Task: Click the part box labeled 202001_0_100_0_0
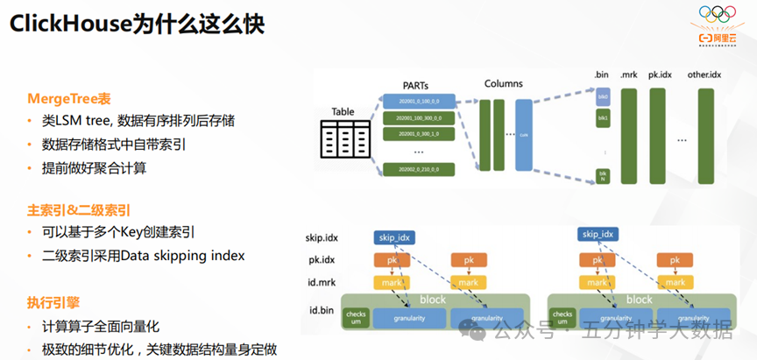[418, 102]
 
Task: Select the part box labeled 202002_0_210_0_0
[418, 168]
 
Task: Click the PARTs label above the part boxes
[415, 84]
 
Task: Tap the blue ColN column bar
[524, 134]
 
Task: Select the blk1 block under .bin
[603, 116]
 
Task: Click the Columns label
[503, 84]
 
